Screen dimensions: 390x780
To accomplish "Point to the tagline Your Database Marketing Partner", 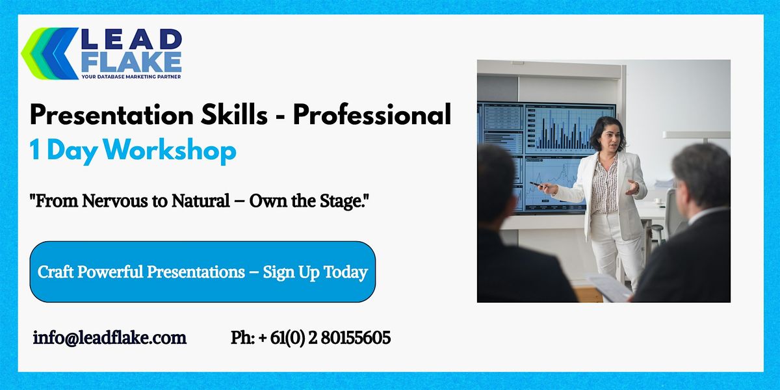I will click(131, 77).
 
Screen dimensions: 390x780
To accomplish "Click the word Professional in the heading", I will click(371, 116).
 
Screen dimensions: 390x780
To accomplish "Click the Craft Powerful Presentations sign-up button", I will click(203, 272).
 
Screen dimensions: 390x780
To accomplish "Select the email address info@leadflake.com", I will click(110, 338).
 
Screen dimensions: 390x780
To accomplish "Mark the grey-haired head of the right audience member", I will click(701, 174).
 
